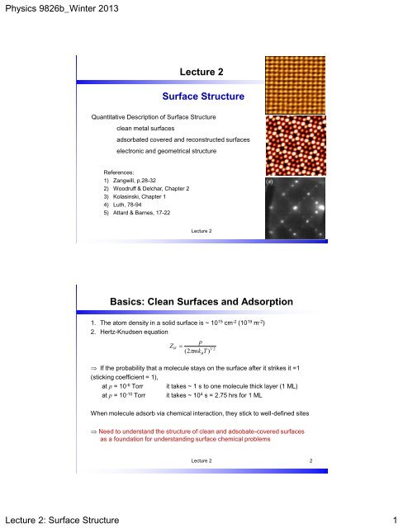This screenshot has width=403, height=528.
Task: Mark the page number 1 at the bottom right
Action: click(393, 516)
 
